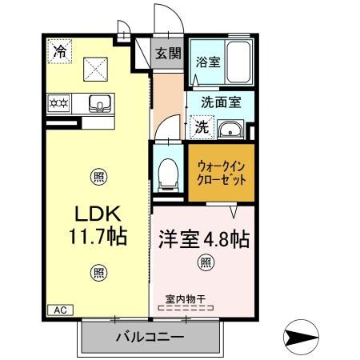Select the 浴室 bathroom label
coord(210,82)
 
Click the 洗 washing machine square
coord(202,126)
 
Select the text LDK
coord(98,215)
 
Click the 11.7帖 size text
coord(98,238)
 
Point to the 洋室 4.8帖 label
coord(203,238)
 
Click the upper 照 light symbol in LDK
coord(98,176)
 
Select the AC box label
coord(61,309)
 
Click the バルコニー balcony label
coord(150,335)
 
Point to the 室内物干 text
coord(186,298)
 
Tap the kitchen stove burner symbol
coord(59,103)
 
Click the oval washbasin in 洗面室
coord(232,130)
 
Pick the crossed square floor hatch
coord(96,66)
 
